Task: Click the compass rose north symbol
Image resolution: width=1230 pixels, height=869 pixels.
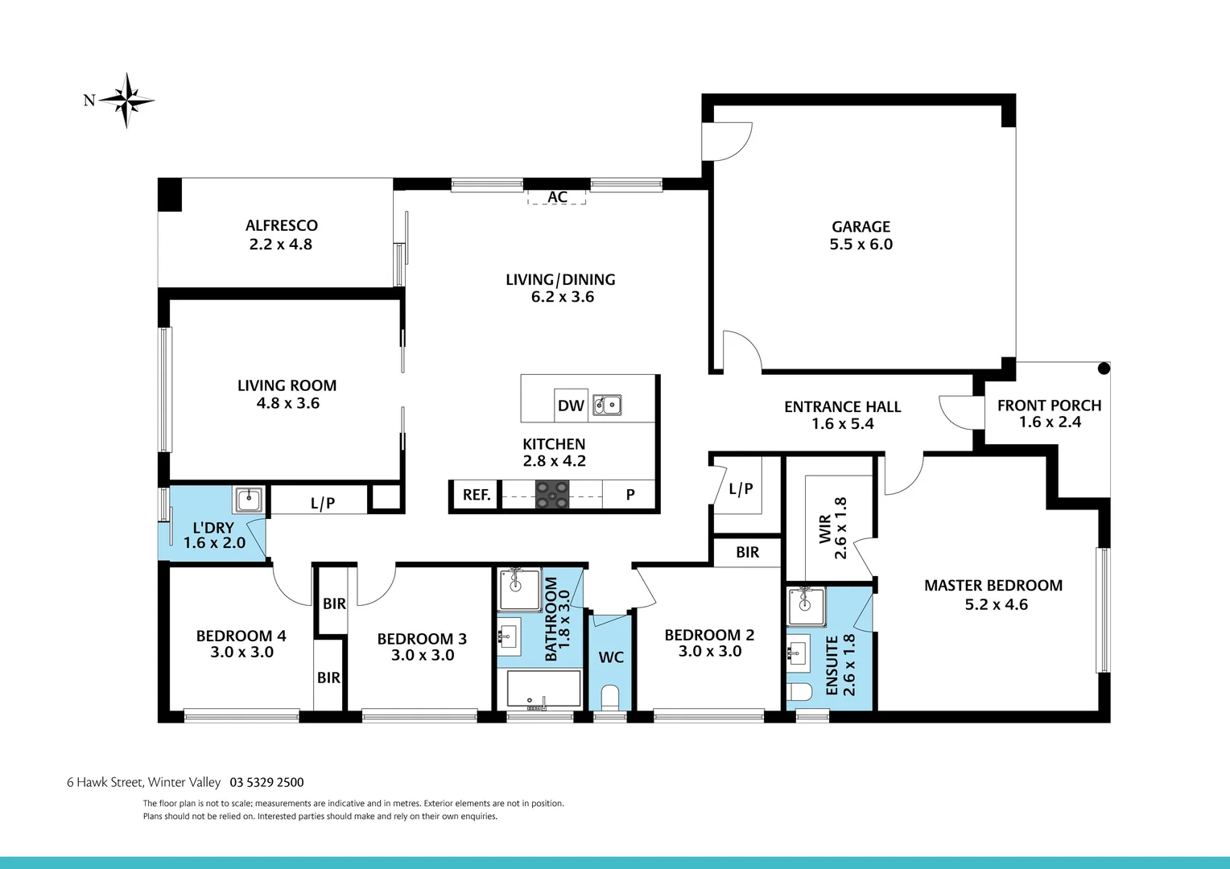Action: coord(126,101)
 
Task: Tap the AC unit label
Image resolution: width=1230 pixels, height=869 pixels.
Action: coord(557,197)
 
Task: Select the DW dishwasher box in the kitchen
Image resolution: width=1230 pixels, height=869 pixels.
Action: coord(571,406)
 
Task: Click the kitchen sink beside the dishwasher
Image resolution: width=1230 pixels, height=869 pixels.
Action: coord(607,405)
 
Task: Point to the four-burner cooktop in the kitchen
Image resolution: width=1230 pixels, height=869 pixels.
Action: coord(552,494)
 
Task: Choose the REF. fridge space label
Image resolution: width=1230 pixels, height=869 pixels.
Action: coord(477,495)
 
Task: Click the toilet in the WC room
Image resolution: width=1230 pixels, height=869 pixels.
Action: coord(610,696)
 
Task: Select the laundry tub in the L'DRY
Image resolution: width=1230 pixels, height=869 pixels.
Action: coord(248,500)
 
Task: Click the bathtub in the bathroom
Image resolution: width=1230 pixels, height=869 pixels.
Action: coord(543,690)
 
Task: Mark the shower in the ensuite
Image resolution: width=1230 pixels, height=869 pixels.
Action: coord(807,606)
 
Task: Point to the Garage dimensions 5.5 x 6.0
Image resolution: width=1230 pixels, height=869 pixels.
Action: coord(861,245)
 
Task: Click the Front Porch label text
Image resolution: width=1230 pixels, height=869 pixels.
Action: coord(1049,406)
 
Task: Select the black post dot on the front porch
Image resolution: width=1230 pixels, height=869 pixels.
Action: coord(1104,369)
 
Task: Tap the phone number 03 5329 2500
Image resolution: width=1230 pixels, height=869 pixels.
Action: coord(266,782)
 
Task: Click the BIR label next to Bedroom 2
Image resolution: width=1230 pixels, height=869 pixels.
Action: coord(747,552)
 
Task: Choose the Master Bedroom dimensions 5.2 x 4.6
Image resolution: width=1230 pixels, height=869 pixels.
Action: coord(996,604)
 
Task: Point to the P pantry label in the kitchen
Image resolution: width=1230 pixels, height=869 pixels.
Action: coord(630,495)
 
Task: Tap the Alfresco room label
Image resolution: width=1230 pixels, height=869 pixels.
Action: coord(281,226)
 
